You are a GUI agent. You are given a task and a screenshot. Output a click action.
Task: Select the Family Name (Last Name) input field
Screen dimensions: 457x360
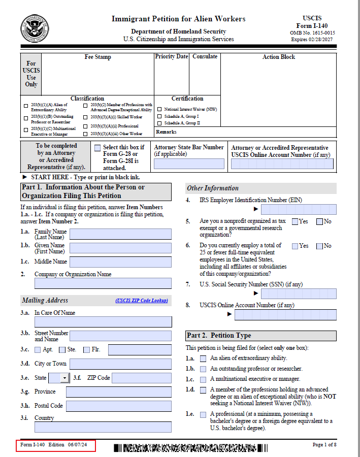click(120, 234)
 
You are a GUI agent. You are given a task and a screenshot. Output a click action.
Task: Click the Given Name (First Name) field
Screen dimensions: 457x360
click(120, 248)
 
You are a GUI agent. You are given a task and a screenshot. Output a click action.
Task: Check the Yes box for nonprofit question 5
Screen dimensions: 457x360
click(295, 221)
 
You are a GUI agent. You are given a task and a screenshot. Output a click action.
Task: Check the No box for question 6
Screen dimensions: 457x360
click(319, 246)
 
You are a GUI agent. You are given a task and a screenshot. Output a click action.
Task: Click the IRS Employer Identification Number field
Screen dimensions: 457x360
click(299, 209)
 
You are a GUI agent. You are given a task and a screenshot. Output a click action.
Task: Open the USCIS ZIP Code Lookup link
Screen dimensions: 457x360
click(142, 301)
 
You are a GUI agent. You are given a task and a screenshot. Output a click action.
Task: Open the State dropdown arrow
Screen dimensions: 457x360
click(64, 378)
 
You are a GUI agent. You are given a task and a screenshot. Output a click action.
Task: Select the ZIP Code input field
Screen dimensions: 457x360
click(142, 378)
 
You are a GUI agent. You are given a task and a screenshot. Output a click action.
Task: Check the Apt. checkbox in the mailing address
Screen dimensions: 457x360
click(38, 350)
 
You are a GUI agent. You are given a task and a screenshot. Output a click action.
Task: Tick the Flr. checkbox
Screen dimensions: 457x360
click(86, 350)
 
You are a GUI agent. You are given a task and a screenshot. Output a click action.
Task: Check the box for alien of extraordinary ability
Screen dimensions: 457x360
click(203, 358)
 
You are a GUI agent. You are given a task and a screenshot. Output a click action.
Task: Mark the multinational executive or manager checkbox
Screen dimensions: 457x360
click(203, 379)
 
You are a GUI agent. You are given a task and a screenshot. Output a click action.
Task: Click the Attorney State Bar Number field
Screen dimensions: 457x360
click(189, 164)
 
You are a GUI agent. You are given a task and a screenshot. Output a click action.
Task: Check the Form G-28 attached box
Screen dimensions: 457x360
click(97, 148)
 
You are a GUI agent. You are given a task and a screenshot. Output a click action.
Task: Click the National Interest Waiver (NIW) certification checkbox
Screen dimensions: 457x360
click(159, 109)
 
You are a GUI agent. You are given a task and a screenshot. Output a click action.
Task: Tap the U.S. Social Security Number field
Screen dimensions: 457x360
click(299, 293)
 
